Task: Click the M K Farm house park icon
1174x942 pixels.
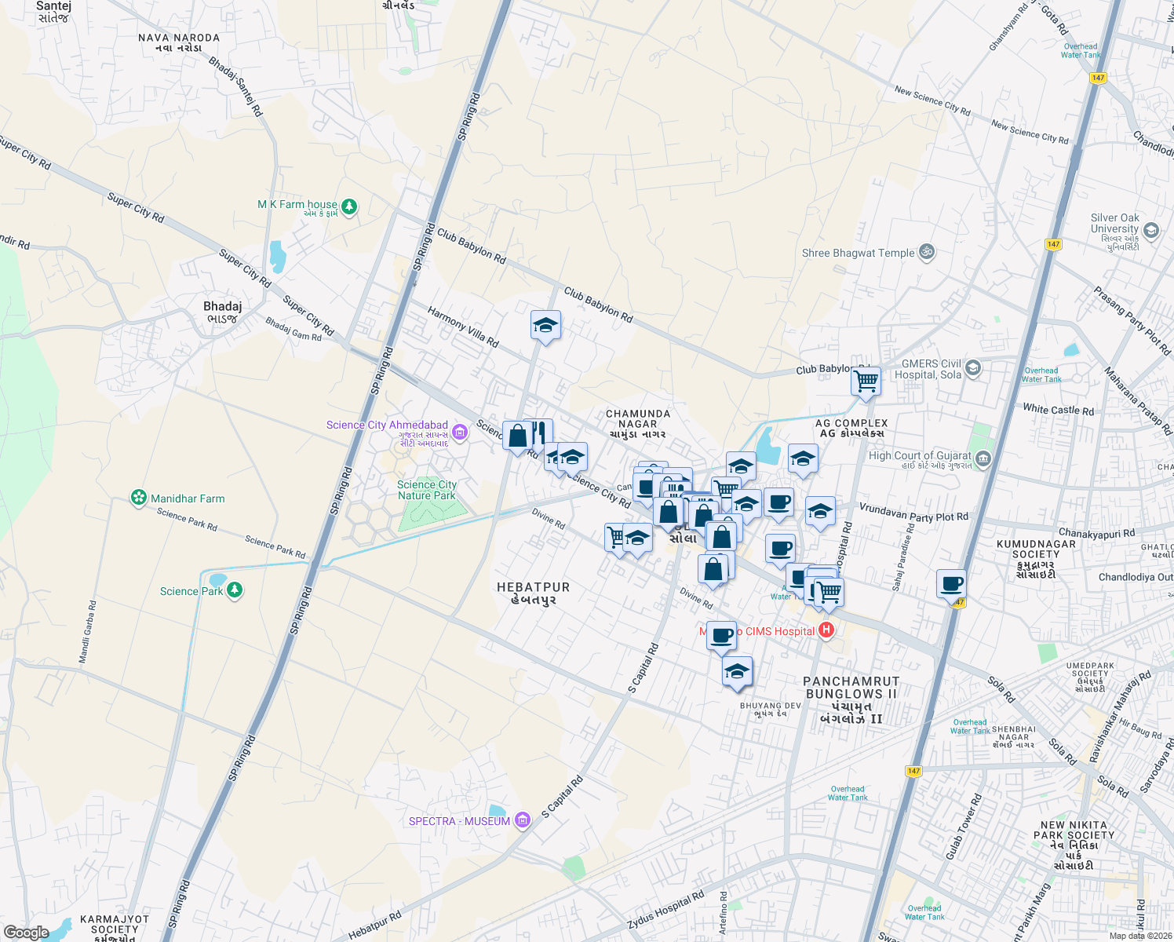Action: point(349,207)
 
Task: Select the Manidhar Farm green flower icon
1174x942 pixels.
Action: point(139,498)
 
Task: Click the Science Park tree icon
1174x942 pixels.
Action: point(234,590)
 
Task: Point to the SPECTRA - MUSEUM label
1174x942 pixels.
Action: point(459,821)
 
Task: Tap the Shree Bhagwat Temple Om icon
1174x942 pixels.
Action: point(926,252)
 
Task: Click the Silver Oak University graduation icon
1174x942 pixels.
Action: point(1150,230)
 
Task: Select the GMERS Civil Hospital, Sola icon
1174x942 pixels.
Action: point(973,368)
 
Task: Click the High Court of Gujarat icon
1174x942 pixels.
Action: point(983,459)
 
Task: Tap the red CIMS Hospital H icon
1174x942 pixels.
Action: point(826,630)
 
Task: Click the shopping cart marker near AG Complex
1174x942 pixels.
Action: point(866,382)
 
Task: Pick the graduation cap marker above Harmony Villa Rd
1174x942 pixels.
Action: point(545,326)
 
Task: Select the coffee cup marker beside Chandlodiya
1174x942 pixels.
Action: point(951,584)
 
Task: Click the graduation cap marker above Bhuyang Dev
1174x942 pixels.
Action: point(736,671)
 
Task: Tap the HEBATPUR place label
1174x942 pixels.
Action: point(533,593)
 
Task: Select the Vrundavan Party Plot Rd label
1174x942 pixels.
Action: point(913,512)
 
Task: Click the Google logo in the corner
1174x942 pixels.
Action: point(26,933)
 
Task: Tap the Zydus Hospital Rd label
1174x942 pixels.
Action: point(665,910)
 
